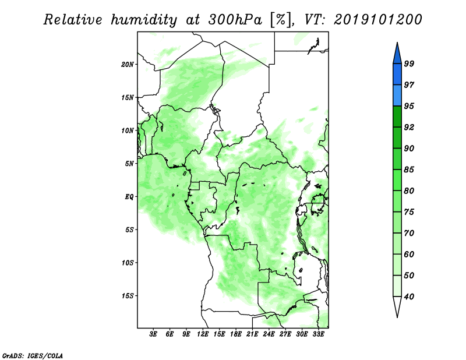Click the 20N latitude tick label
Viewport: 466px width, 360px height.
click(128, 65)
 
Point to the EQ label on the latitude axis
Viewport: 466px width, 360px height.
click(129, 197)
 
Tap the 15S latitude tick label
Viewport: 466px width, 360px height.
click(128, 296)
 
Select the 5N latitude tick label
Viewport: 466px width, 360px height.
click(129, 164)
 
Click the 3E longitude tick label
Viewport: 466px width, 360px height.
click(153, 334)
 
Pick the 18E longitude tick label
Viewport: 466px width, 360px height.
click(236, 334)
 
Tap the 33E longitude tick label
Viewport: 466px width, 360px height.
click(318, 334)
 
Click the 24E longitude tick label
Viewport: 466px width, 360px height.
click(269, 334)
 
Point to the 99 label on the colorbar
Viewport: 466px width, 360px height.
click(409, 63)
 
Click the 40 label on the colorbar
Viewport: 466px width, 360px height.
click(409, 297)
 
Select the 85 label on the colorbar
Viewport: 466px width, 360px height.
click(409, 170)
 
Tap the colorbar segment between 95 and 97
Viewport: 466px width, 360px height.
click(397, 96)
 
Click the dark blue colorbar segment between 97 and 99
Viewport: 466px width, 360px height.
click(397, 75)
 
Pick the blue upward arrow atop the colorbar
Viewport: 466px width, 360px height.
click(397, 54)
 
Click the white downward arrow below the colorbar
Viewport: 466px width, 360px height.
click(397, 307)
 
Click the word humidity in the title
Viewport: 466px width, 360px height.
click(144, 20)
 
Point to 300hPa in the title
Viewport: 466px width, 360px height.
click(235, 20)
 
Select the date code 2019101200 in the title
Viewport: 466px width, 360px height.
click(377, 20)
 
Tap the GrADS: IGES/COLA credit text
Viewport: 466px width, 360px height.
click(33, 355)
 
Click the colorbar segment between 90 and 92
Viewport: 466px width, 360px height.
click(397, 137)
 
